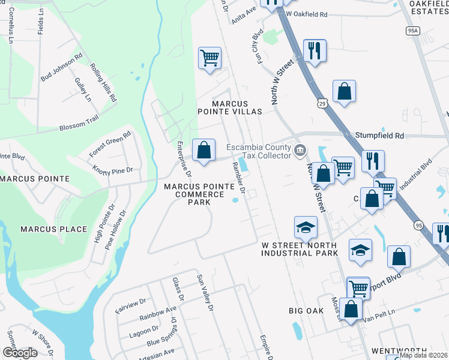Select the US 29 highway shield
[x=323, y=103]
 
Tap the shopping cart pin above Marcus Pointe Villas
[x=209, y=59]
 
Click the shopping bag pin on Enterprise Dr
[x=204, y=149]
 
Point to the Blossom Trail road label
[x=78, y=124]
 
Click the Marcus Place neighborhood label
[x=53, y=229]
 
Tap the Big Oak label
[x=306, y=311]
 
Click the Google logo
[x=19, y=352]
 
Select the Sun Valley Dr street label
[x=206, y=293]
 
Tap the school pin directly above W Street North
[x=306, y=228]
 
